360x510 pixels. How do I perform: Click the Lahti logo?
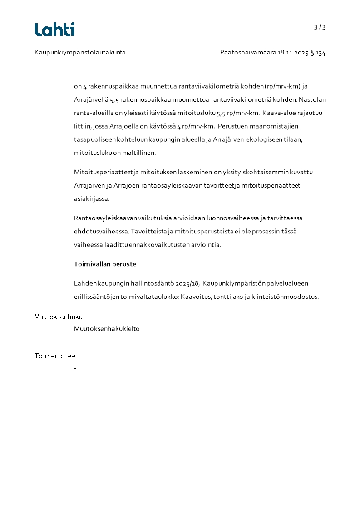[54, 30]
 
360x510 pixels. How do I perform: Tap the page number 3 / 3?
[320, 27]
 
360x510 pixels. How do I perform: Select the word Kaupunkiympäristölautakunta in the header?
[80, 53]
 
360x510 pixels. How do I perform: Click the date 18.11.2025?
[293, 53]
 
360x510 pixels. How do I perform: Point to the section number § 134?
[318, 53]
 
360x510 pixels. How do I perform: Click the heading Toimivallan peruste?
[105, 264]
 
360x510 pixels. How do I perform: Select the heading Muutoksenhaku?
[59, 317]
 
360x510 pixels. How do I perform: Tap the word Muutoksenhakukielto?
[107, 328]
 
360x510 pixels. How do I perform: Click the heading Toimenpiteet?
[56, 356]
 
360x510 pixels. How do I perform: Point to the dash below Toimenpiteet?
[75, 368]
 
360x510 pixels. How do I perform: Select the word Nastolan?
[313, 99]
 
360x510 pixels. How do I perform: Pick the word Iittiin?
[83, 126]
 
